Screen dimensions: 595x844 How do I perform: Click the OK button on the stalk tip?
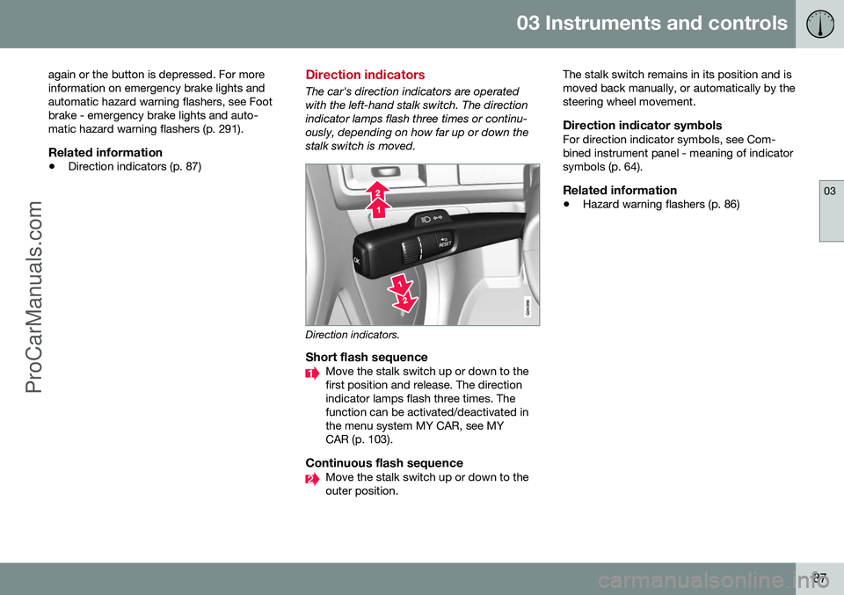358,260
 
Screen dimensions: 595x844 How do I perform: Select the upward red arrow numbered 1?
377,210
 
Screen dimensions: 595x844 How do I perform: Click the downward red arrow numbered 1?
399,285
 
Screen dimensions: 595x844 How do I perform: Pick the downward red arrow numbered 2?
406,301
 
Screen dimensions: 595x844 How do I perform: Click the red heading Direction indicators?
365,76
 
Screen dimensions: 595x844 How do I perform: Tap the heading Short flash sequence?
366,358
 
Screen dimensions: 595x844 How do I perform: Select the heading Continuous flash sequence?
383,462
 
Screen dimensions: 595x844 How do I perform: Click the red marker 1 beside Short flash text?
311,374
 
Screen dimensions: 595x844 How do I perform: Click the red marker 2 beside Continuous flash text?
311,478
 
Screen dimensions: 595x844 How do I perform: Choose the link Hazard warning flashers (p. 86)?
660,204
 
